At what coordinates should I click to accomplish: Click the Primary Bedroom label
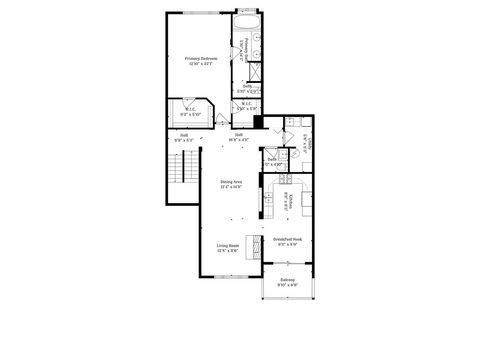[x=202, y=60]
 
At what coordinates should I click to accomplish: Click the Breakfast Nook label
[x=287, y=241]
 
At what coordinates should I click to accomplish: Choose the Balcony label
[x=287, y=283]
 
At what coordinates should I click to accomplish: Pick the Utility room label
[x=303, y=140]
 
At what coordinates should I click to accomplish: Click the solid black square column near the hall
[x=258, y=123]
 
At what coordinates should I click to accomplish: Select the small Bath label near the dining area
[x=273, y=160]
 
